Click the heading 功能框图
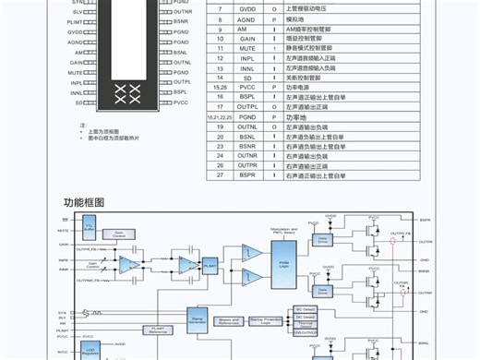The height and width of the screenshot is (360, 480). tap(84, 202)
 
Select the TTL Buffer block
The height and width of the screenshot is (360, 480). tap(90, 225)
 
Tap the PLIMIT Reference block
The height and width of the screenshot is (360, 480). tap(156, 328)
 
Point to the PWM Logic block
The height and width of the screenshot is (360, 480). tap(285, 266)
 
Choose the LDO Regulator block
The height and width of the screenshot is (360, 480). tap(90, 351)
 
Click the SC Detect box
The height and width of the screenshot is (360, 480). tap(305, 309)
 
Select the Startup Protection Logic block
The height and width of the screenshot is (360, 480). tap(266, 321)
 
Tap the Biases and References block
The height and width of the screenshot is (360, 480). tap(229, 321)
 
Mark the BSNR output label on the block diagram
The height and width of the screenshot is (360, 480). tap(424, 270)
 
